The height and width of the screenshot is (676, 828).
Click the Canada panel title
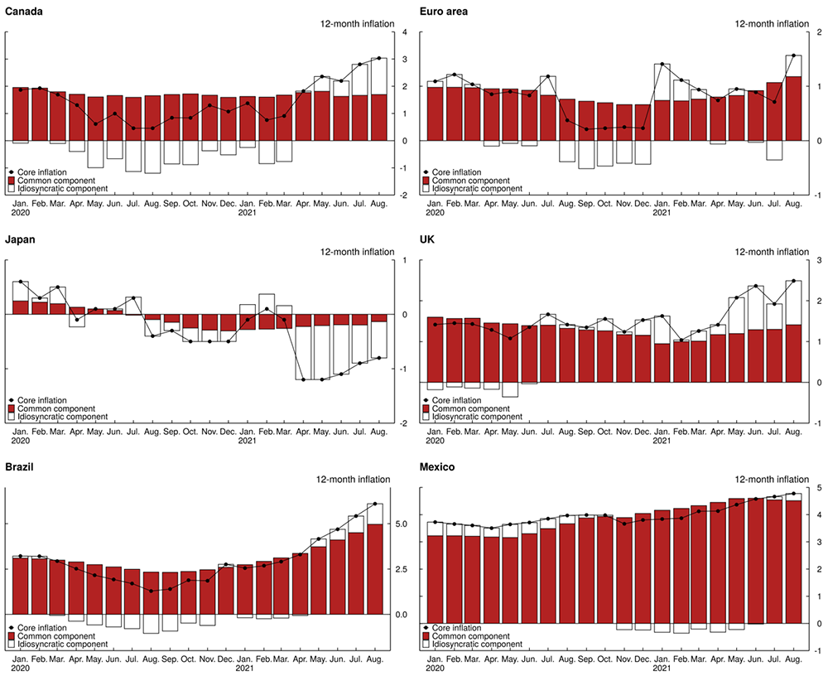click(25, 10)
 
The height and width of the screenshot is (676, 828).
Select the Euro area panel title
click(447, 10)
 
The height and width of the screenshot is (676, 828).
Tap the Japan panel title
click(23, 239)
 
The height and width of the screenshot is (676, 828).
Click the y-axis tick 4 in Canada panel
click(403, 32)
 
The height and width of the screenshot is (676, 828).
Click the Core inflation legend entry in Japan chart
click(49, 400)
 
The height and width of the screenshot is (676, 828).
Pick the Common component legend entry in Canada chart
click(55, 180)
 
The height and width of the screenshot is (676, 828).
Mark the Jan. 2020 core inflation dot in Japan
click(21, 282)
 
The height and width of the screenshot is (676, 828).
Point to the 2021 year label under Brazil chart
click(245, 667)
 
